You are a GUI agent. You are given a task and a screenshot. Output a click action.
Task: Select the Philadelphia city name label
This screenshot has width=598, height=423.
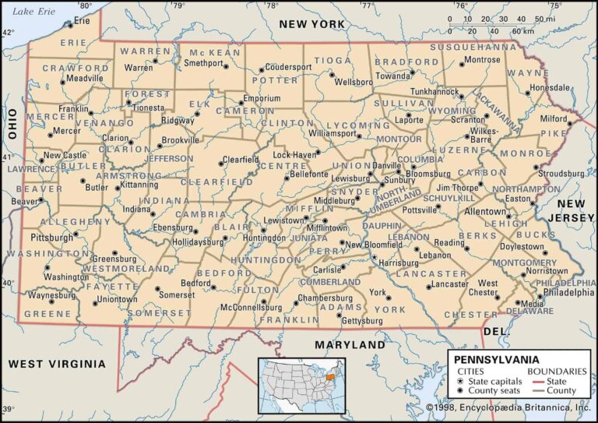568,293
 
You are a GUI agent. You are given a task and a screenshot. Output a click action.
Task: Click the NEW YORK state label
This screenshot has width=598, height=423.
311,25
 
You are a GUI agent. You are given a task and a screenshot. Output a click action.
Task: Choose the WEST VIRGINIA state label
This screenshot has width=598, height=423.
56,364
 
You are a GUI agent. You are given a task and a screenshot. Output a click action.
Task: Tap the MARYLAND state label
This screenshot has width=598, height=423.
350,344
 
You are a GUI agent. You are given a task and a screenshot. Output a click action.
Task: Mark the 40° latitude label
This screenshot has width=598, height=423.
7,283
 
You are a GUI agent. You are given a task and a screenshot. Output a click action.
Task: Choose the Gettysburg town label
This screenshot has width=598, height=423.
363,321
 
